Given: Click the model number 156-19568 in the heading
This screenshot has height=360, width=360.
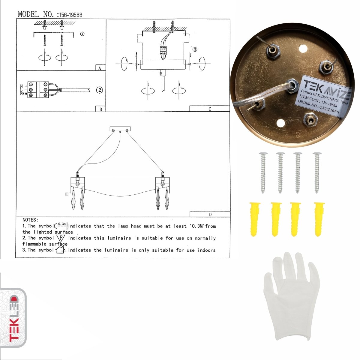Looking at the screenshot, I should point(71,15).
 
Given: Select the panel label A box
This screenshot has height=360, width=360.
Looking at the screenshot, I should point(100,68).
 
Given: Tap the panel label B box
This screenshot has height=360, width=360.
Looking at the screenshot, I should point(100,109).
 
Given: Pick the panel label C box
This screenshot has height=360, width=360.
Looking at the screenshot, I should point(209,109).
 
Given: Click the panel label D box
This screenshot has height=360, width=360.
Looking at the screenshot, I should point(210,214).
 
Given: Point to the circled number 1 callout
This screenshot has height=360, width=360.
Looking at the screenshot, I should point(82,34).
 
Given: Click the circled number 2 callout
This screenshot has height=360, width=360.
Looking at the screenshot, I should point(100,90).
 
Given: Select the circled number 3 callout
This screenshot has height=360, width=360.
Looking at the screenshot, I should point(195,49).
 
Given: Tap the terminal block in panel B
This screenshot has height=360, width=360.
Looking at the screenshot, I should point(38,90).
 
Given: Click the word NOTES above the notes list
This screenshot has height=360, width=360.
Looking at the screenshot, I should point(30,220).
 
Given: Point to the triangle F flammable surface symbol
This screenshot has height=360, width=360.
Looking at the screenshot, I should point(61,238).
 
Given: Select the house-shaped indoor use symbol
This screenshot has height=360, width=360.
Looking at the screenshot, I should point(60,250).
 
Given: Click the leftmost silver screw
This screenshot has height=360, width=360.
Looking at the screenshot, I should point(263,172).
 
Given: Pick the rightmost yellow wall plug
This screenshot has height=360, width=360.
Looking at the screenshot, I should point(319,219).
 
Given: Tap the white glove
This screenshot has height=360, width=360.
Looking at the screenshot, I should point(291,297).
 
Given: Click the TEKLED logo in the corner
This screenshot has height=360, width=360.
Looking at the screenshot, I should point(13,318).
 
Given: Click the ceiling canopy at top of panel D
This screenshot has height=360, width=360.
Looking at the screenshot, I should point(120,129).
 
